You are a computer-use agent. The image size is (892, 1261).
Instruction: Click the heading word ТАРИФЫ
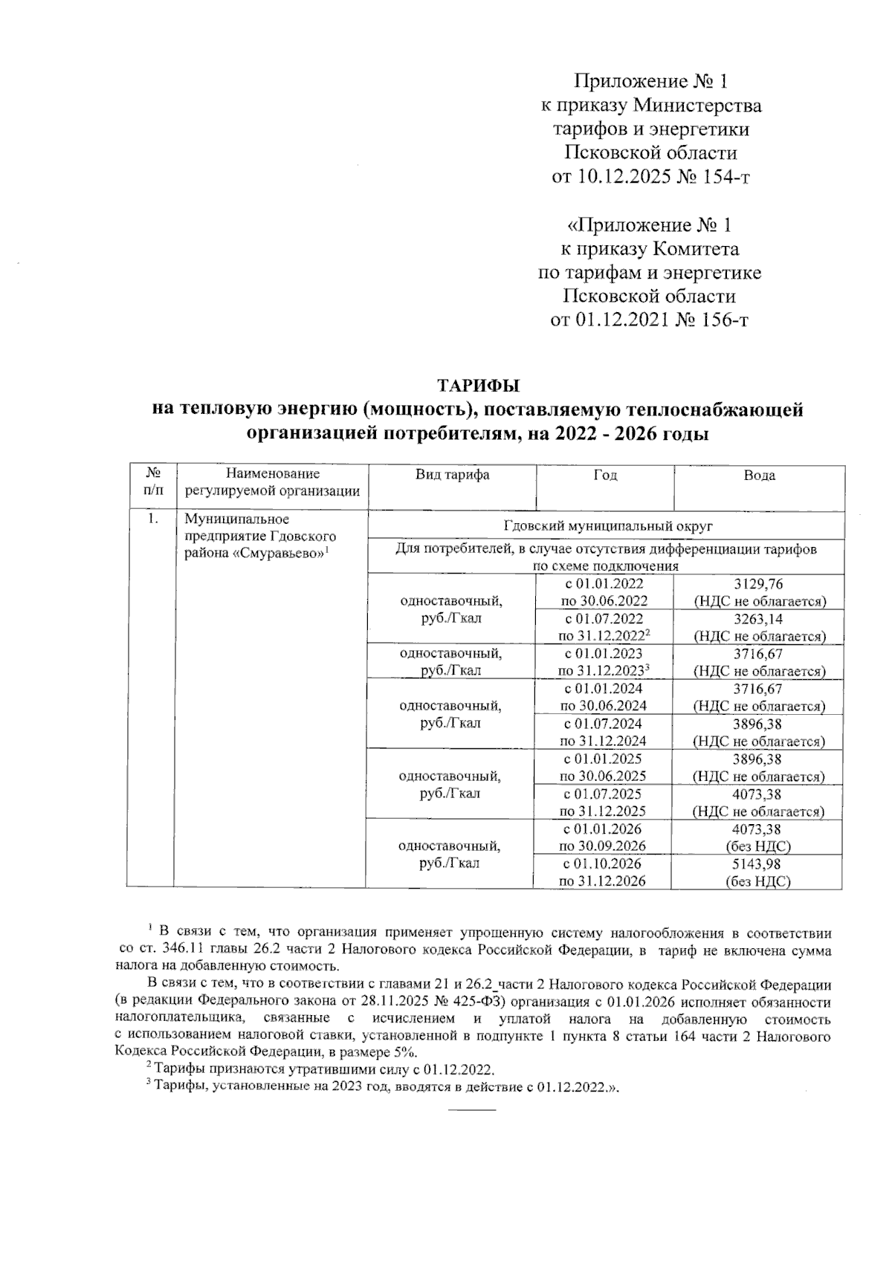[477, 386]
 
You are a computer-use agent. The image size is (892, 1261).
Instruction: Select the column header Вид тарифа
[452, 475]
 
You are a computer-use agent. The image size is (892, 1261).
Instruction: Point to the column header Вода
[759, 476]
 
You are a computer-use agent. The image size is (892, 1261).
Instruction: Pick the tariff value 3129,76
[757, 584]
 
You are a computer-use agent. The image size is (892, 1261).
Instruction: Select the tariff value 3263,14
[757, 619]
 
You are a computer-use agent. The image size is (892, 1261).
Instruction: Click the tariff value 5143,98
[757, 864]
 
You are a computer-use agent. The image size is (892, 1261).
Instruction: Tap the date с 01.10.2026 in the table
[603, 864]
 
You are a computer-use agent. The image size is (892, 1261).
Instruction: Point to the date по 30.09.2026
[603, 846]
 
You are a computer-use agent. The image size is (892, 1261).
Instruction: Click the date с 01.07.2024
[603, 724]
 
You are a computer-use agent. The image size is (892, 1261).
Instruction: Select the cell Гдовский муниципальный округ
[607, 526]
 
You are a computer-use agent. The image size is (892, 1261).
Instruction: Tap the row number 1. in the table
[152, 519]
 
